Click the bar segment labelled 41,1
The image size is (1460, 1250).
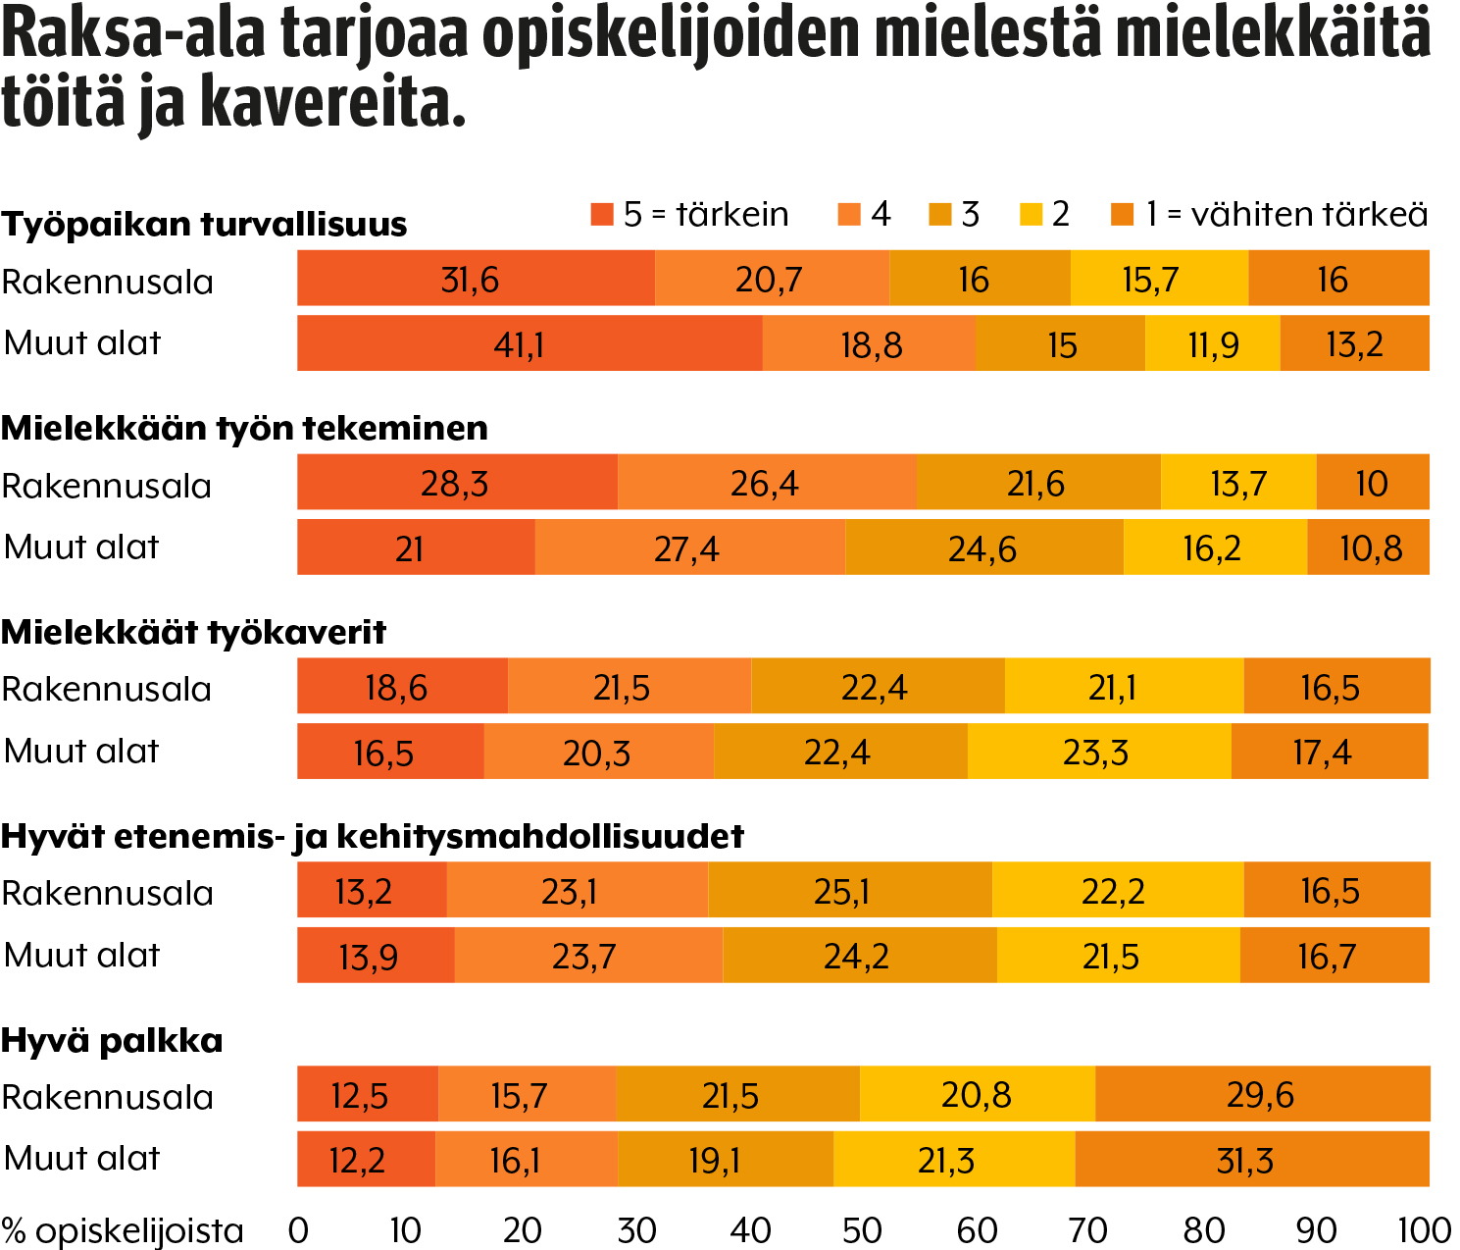point(529,343)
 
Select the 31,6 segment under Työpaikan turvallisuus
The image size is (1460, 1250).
point(476,279)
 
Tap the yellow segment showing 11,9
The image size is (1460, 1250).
point(1213,343)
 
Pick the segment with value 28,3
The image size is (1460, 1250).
point(457,483)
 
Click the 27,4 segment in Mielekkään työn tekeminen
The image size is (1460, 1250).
point(689,547)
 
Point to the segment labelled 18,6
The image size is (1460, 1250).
point(402,687)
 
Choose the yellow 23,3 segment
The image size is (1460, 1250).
point(1098,752)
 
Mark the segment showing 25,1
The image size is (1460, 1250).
point(849,891)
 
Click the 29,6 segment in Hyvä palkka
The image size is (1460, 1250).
point(1262,1094)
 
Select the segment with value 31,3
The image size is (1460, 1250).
point(1251,1160)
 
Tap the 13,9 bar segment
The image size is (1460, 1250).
point(376,956)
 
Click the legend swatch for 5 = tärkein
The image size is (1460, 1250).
point(601,214)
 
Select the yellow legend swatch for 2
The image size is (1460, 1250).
point(1031,214)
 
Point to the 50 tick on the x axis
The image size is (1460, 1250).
point(862,1230)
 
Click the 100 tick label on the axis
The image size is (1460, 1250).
point(1424,1230)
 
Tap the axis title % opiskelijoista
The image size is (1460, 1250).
point(123,1230)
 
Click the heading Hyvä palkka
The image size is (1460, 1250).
point(112,1040)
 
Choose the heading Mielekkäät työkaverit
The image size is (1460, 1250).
point(193,632)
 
